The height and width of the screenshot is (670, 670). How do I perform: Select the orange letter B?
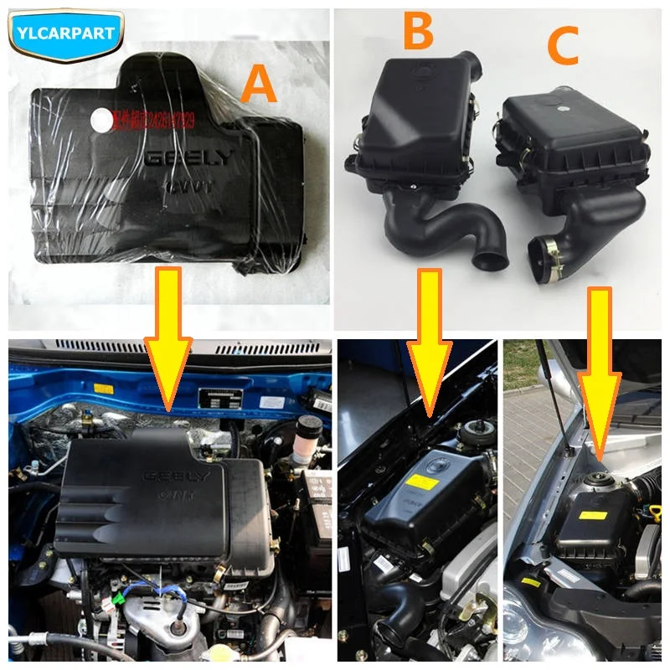coord(416,32)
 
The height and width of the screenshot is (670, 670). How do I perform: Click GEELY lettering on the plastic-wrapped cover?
coord(189,160)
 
